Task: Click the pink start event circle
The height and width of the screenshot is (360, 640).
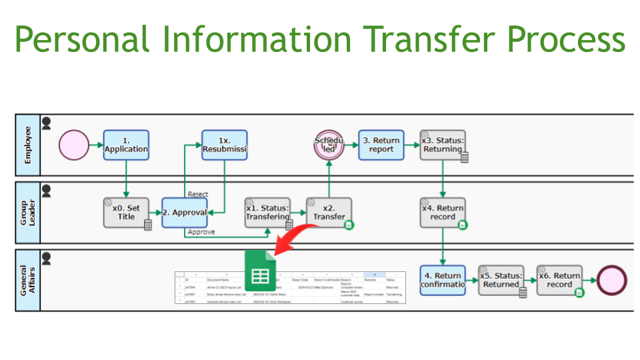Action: point(73,145)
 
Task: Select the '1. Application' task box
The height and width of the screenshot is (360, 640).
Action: point(126,145)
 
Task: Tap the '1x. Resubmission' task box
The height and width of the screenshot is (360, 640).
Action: point(224,145)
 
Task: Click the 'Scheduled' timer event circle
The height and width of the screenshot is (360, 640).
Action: point(329,145)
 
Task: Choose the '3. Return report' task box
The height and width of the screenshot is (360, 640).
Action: point(381,145)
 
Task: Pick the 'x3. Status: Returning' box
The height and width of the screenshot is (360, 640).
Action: point(443,145)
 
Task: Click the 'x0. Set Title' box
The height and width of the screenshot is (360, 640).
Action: point(126,213)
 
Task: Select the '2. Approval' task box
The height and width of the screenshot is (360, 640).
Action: point(185,213)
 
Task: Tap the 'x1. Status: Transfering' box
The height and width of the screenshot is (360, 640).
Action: point(267,213)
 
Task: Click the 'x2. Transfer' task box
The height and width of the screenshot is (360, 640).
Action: point(329,213)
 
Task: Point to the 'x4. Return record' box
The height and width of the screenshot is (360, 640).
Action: point(443,213)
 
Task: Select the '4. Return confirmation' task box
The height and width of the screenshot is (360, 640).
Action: point(443,280)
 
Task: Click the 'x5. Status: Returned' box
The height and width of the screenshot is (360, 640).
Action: point(501,280)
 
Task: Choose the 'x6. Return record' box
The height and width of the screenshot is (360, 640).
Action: point(559,280)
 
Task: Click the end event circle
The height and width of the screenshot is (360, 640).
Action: point(612,280)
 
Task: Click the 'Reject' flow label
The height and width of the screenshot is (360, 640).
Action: point(198,194)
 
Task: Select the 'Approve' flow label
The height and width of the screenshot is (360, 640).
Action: point(201,232)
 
